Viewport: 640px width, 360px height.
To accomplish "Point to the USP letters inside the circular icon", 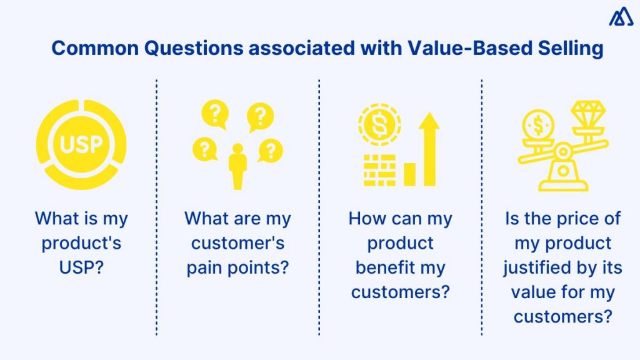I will coord(81,145).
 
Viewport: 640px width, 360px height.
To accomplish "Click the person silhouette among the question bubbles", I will coord(237,166).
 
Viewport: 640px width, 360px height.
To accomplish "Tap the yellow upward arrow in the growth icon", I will coord(429,149).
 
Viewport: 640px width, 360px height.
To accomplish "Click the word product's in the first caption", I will coord(81,243).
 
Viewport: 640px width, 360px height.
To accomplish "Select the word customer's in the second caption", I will coord(237,243).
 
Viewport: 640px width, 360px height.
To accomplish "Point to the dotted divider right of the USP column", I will coord(156,206).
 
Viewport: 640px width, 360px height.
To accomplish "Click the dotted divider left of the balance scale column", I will coord(482,206).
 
